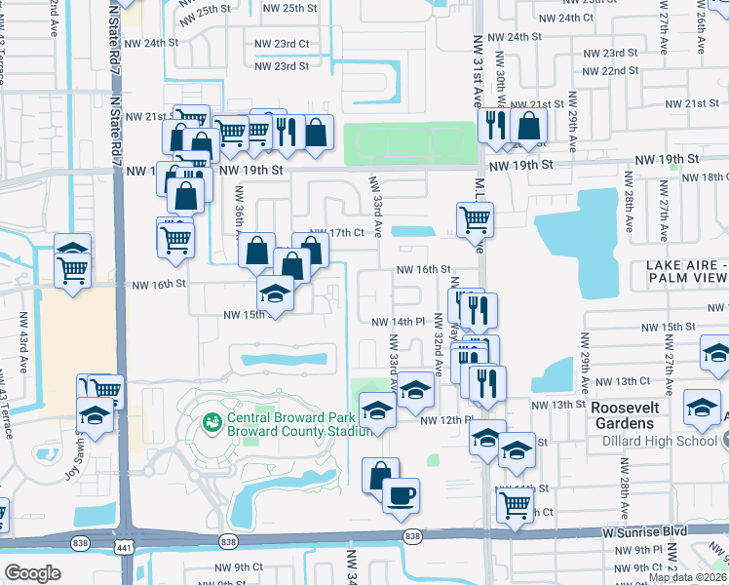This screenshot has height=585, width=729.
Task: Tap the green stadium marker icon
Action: click(210, 422)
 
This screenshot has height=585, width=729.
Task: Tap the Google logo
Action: click(32, 573)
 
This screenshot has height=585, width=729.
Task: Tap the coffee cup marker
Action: click(401, 495)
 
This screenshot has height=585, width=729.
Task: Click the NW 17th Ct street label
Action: click(351, 232)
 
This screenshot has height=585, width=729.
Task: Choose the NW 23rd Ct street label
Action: click(282, 44)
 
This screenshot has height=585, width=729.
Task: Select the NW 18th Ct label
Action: click(705, 176)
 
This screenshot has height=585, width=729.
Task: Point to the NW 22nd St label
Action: click(611, 71)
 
